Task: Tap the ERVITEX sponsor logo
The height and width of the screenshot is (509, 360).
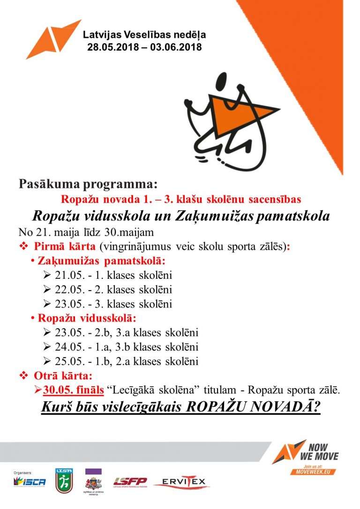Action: pyautogui.click(x=181, y=482)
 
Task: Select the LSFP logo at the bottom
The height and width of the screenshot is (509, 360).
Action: pyautogui.click(x=130, y=482)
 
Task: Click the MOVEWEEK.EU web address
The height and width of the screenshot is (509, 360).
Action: pyautogui.click(x=313, y=472)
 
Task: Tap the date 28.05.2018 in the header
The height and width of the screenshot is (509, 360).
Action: pyautogui.click(x=111, y=47)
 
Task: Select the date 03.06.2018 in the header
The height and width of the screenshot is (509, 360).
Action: pyautogui.click(x=176, y=47)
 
